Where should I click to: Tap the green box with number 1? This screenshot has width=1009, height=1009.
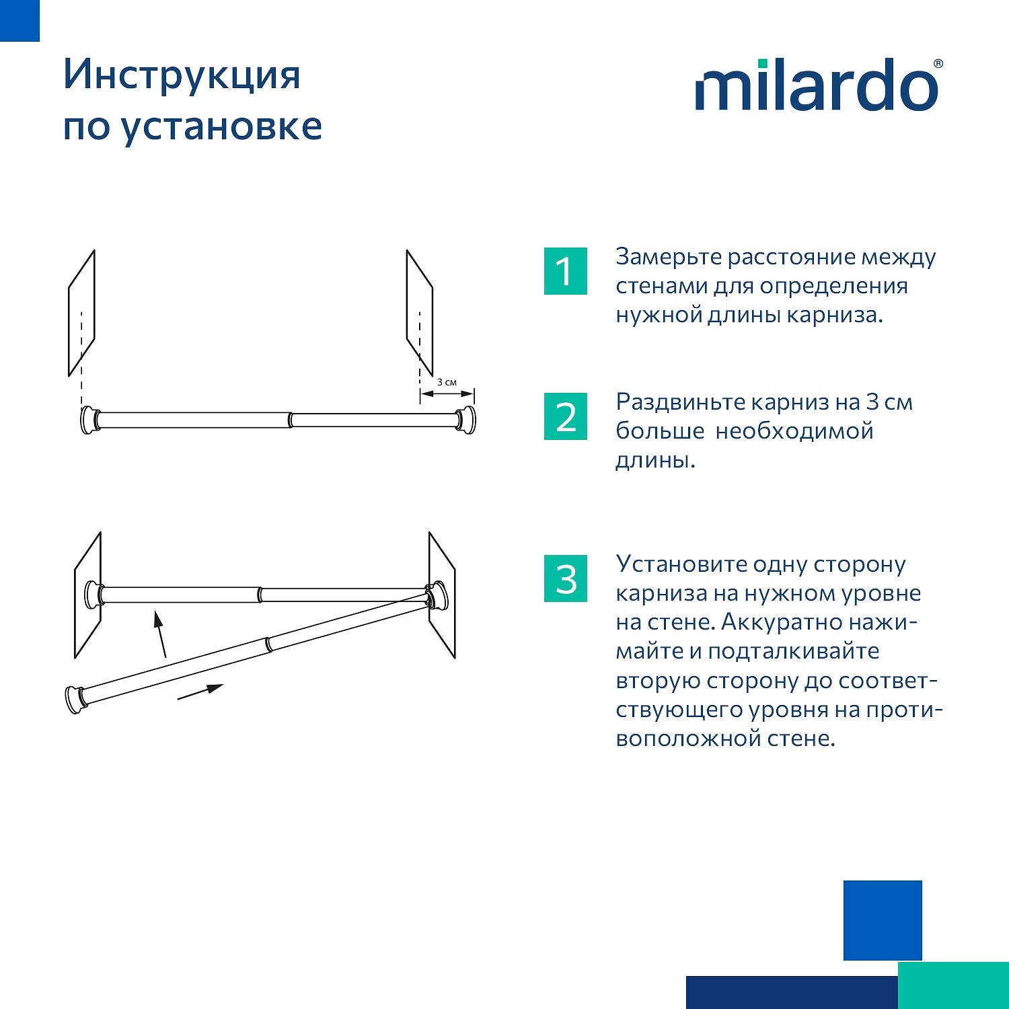[x=565, y=271]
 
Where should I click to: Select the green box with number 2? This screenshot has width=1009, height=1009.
[x=565, y=416]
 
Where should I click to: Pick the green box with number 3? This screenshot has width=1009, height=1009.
[x=565, y=578]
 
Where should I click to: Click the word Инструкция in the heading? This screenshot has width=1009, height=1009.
[x=182, y=75]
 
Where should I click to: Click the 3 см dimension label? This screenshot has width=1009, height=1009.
[x=447, y=382]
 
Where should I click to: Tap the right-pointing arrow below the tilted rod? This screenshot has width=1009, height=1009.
[x=200, y=692]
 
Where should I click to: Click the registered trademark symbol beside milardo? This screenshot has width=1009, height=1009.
[x=938, y=64]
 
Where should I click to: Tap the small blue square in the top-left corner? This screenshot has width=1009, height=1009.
[x=20, y=20]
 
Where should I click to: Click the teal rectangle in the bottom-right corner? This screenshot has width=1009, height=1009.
[x=953, y=985]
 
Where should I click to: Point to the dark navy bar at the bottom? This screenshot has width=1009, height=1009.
[x=792, y=992]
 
